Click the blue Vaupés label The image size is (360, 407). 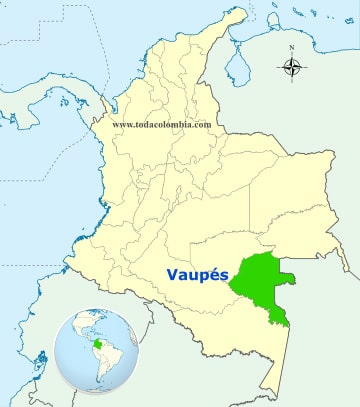[x=196, y=274]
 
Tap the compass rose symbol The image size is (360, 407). [x=292, y=68]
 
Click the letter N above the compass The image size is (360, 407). [x=292, y=49]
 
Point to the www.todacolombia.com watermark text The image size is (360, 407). [x=161, y=125]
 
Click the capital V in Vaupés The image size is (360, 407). [x=170, y=274]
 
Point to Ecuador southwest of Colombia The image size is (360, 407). [x=40, y=300]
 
